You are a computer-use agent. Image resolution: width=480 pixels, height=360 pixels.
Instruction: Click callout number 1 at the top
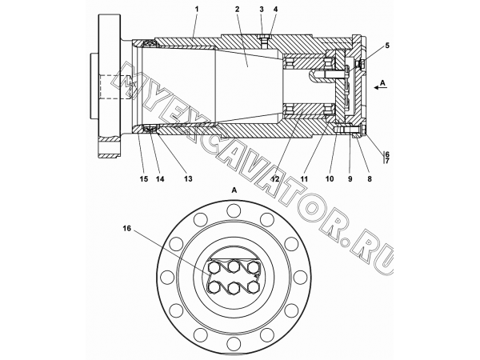(197, 10)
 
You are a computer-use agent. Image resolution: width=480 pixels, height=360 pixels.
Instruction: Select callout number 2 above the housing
(237, 10)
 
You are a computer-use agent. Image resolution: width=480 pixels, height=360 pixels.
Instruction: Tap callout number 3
(262, 10)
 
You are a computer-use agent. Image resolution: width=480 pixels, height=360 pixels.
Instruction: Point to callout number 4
(275, 10)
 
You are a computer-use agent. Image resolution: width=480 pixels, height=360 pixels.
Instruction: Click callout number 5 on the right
(387, 46)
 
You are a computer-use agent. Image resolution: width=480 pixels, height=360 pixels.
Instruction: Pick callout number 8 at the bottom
(370, 179)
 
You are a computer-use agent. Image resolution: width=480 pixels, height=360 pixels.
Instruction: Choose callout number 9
(350, 179)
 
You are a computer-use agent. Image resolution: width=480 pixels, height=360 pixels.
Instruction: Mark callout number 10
(330, 179)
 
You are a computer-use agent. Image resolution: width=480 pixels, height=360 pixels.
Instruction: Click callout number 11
(304, 179)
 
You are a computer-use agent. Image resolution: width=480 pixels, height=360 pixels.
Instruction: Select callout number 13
(188, 179)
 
